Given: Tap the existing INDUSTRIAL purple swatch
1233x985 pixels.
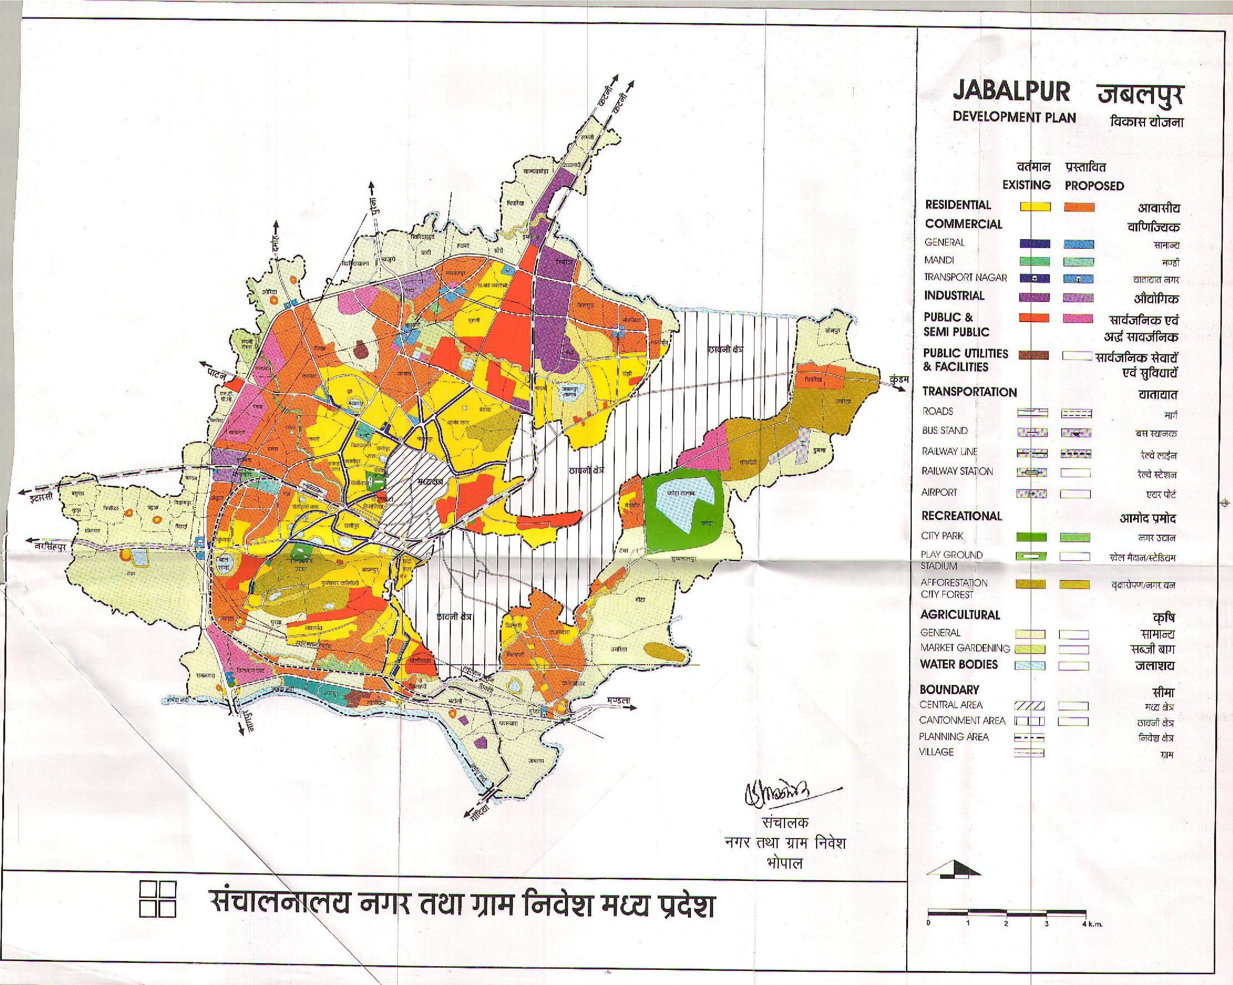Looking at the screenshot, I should pos(1035,297).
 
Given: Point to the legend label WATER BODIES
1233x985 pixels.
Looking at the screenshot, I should pos(959,664).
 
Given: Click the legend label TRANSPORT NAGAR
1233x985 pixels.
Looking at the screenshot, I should pos(965,277).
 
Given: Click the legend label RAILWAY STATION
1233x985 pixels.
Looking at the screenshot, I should pos(958,471).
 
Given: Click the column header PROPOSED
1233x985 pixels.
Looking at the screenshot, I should pos(1094,186).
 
